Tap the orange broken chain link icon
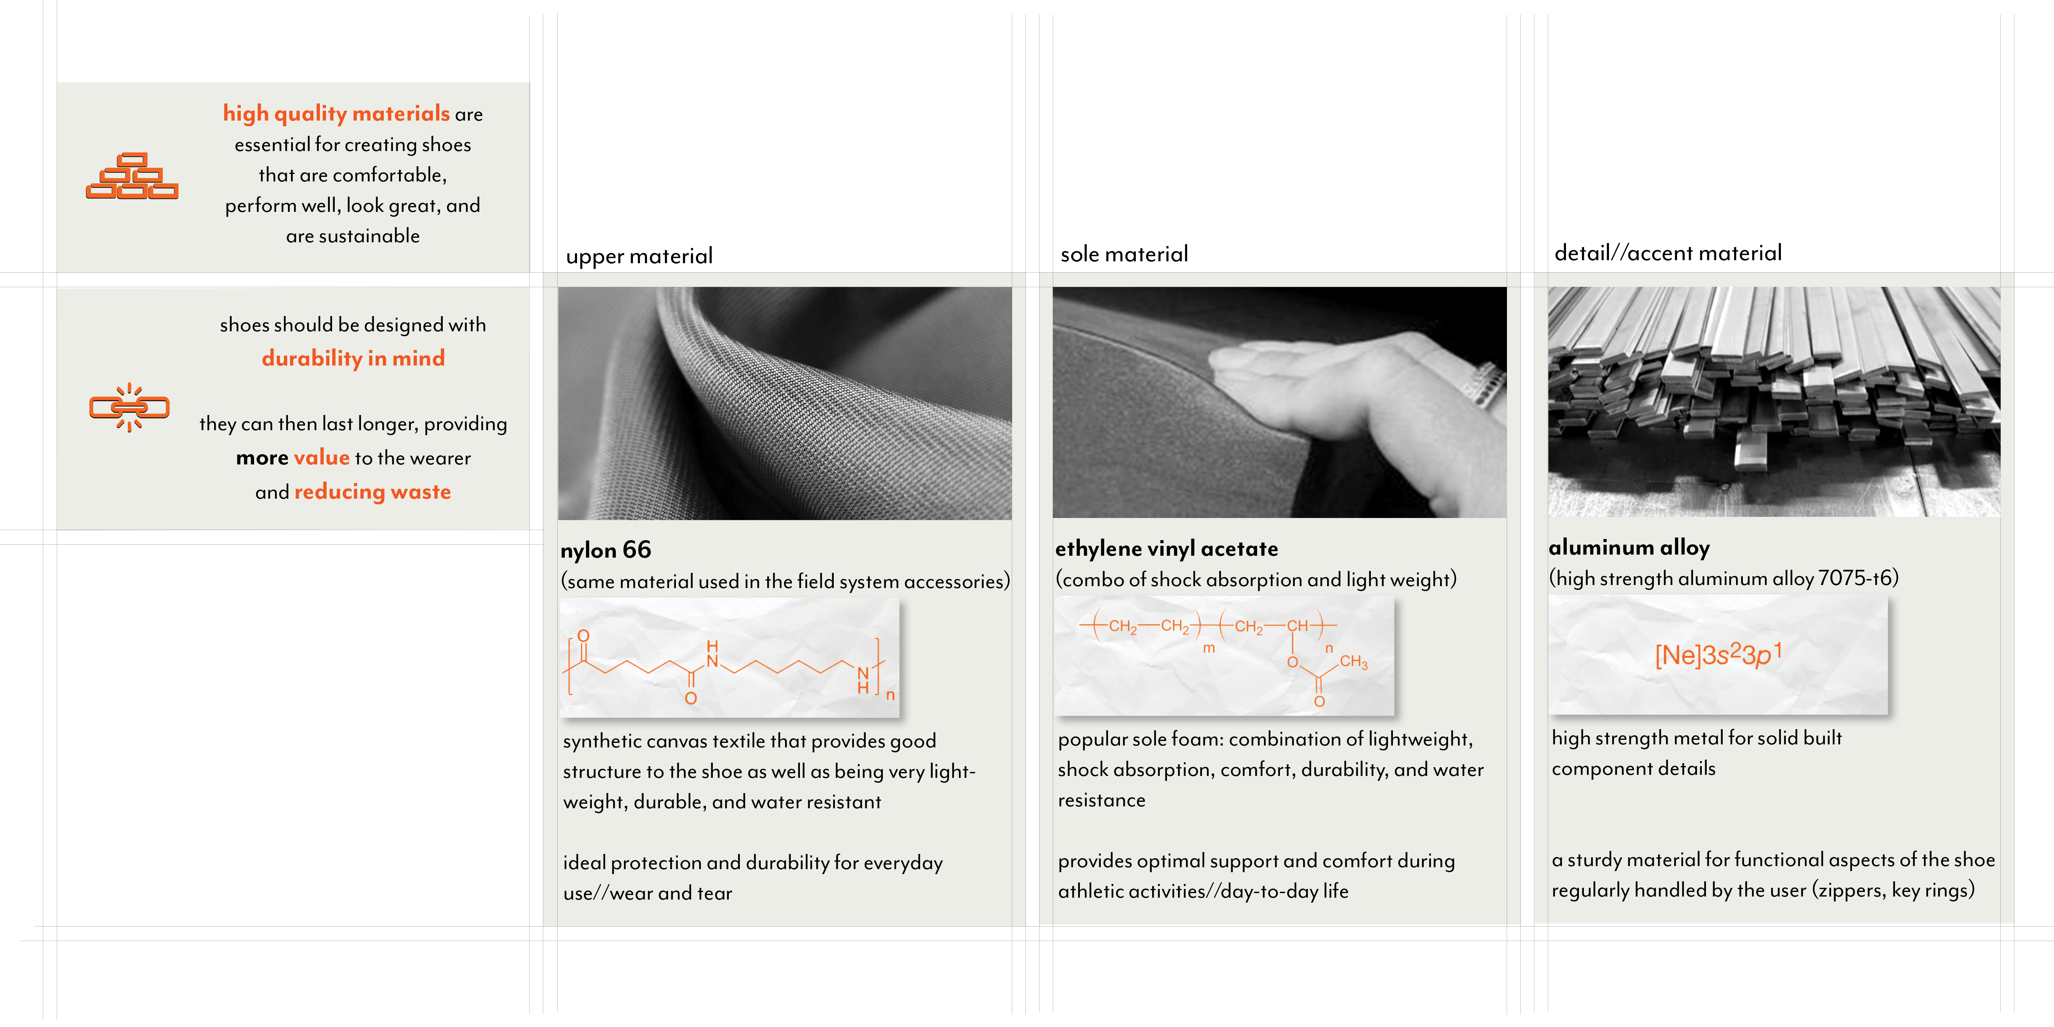point(129,407)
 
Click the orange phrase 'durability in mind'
point(353,359)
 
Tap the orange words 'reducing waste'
point(372,492)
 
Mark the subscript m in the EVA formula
point(1209,648)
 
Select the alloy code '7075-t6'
point(1855,577)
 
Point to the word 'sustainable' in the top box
point(369,236)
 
